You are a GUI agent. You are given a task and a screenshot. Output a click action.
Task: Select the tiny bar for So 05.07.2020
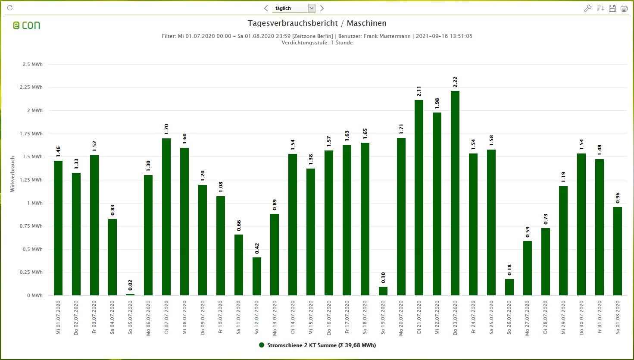[x=130, y=294]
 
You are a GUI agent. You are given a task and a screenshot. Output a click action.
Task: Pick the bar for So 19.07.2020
[x=383, y=291]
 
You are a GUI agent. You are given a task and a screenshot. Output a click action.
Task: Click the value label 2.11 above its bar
[x=419, y=91]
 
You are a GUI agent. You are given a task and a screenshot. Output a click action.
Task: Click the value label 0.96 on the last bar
[x=618, y=198]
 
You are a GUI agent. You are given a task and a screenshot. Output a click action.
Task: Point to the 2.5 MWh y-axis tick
[x=32, y=64]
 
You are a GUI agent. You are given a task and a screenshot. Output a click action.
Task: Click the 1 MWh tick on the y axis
[x=35, y=203]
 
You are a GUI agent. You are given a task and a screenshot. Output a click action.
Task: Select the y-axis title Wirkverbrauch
[x=12, y=174]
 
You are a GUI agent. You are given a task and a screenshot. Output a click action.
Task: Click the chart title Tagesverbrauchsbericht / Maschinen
[x=317, y=23]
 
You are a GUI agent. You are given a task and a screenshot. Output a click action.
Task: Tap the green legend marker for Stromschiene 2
[x=261, y=345]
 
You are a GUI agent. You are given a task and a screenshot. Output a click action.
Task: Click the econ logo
[x=26, y=25]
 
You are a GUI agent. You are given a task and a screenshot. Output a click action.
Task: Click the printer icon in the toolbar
[x=624, y=8]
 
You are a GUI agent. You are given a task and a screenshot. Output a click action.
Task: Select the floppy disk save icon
[x=612, y=8]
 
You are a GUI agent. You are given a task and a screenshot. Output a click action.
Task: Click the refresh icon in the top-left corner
[x=10, y=8]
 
